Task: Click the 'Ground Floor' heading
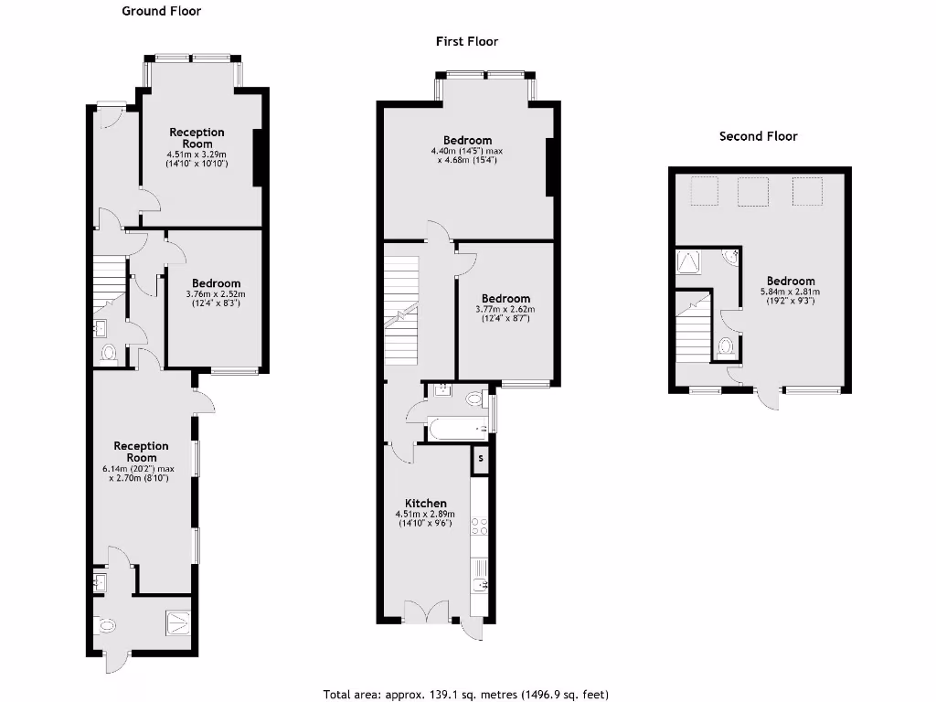(162, 12)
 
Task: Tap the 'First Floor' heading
(467, 41)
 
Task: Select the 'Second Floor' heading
(758, 136)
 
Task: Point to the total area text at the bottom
(466, 694)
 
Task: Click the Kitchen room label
(426, 504)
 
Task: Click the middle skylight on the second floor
(752, 191)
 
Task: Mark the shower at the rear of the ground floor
(179, 622)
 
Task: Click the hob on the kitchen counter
(479, 528)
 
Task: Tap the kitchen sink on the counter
(479, 582)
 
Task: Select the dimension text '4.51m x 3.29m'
(197, 154)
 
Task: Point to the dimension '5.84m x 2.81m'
(791, 292)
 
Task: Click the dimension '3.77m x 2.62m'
(505, 310)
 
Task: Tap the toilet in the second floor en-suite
(726, 346)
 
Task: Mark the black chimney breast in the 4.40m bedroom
(550, 166)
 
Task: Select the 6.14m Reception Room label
(142, 452)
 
